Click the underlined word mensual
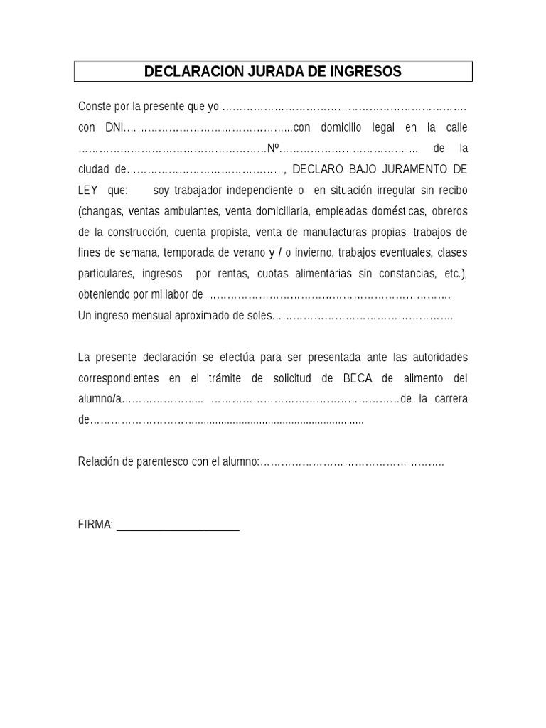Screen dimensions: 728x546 [151, 316]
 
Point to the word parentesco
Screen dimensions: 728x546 [163, 461]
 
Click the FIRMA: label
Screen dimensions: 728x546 [95, 525]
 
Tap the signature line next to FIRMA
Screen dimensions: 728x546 [178, 529]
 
